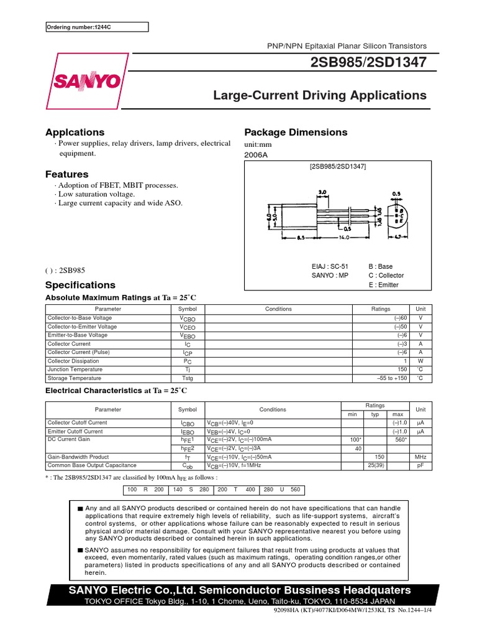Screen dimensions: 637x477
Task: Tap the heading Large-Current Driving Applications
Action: point(320,95)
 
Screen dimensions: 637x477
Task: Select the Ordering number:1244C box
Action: point(98,27)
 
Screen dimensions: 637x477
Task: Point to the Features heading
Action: point(67,174)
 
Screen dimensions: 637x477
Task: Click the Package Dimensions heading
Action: point(296,133)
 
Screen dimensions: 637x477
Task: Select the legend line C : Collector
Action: point(386,276)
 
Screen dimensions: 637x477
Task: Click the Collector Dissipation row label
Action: point(73,361)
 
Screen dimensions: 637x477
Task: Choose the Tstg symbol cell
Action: point(187,378)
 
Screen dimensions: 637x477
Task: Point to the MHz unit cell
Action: point(420,457)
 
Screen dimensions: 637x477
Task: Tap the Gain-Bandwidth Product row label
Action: point(78,457)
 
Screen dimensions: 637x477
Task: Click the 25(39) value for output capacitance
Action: point(375,465)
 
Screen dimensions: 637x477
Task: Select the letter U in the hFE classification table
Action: point(282,490)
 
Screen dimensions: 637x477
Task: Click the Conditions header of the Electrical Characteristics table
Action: point(273,409)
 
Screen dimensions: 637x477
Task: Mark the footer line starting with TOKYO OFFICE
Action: point(239,602)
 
